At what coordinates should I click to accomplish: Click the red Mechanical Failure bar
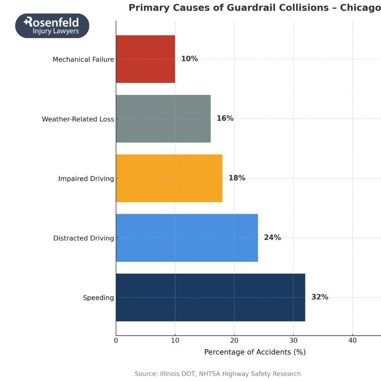145,59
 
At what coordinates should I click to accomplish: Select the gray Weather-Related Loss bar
163,119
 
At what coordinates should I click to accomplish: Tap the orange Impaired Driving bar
169,178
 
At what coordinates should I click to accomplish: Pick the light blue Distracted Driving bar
187,238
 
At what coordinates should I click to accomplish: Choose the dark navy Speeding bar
210,297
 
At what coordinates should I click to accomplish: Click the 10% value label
189,59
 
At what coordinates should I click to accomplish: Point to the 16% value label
225,119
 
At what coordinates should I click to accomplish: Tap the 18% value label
237,178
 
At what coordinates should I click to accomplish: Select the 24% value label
272,238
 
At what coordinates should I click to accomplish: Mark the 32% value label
320,297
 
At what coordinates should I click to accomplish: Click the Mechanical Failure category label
83,59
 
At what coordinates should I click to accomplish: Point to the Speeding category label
98,298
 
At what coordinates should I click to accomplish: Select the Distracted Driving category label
84,238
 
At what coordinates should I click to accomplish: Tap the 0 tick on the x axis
116,341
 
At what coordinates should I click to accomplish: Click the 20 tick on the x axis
234,341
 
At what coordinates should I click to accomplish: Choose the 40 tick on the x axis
353,341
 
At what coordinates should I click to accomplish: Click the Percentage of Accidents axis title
255,352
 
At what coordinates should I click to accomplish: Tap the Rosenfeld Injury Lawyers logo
52,26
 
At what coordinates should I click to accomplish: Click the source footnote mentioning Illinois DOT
218,374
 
